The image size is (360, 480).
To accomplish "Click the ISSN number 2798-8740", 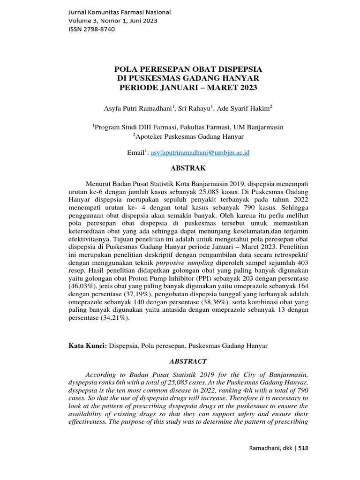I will (91, 29).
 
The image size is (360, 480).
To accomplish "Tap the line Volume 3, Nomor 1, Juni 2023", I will (113, 21).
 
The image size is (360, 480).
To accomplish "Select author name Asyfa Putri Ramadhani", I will (138, 108).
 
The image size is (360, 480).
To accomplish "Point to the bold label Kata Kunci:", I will (88, 346).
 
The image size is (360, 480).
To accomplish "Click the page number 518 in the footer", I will (303, 448).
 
